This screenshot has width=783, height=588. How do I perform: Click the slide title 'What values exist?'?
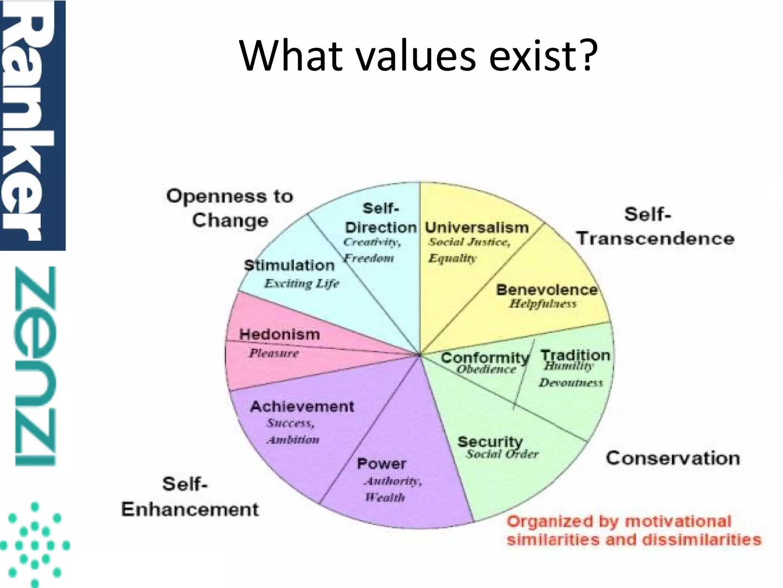(x=418, y=56)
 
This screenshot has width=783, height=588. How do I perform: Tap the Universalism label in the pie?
(x=477, y=227)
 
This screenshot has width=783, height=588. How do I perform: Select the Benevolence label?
(x=547, y=290)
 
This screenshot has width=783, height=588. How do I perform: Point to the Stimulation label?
(x=289, y=265)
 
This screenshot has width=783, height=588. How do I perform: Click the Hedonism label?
(x=279, y=334)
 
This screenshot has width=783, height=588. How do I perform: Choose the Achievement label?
(x=302, y=406)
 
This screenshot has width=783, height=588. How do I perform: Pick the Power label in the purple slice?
(x=381, y=464)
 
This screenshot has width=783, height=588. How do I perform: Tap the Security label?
(x=490, y=441)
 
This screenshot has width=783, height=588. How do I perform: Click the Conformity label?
(x=485, y=358)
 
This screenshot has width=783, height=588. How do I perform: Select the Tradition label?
(x=575, y=355)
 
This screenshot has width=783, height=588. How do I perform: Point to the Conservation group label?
(x=673, y=458)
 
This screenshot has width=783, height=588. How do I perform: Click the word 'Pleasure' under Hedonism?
(x=274, y=353)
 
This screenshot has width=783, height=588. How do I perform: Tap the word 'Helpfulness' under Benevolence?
(x=543, y=304)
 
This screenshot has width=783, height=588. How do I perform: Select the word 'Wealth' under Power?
(x=385, y=497)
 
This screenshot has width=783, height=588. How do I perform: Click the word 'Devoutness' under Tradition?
(x=570, y=383)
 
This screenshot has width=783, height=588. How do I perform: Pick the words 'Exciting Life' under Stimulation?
(x=302, y=284)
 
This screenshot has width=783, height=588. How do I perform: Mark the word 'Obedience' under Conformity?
(x=486, y=369)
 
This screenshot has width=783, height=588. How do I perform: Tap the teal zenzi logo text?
(x=35, y=366)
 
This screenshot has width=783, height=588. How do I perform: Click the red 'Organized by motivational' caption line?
(x=619, y=521)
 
